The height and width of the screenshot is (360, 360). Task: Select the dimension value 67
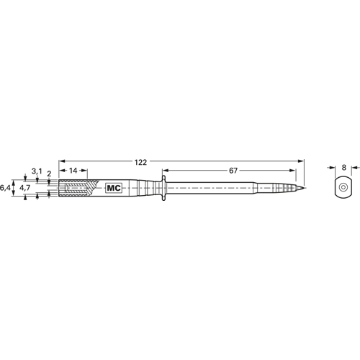233,171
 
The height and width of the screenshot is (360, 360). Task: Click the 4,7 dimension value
24,188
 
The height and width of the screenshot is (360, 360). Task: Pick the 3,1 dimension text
37,171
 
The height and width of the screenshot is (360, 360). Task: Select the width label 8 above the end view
344,167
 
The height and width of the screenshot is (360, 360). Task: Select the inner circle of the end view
343,189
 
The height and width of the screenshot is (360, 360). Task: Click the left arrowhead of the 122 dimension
61,162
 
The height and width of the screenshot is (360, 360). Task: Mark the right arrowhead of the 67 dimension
292,171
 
